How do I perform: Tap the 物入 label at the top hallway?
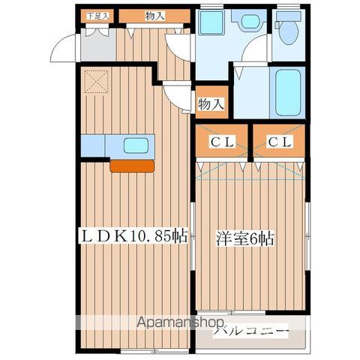155,16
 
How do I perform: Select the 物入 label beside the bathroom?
211,103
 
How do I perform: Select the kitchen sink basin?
135,145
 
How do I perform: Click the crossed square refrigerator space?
96,81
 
